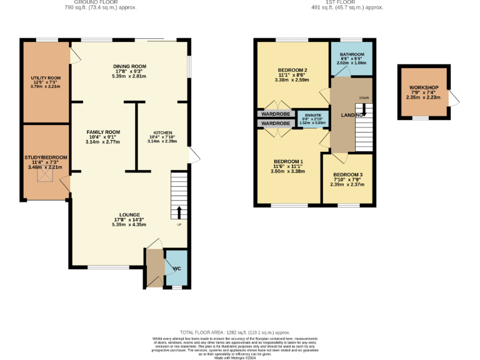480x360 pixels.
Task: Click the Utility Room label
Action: tap(46, 78)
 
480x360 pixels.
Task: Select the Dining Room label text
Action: tap(129, 66)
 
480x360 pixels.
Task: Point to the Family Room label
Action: tap(103, 132)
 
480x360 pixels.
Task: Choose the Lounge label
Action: tap(129, 214)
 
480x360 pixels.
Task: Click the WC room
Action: tap(177, 268)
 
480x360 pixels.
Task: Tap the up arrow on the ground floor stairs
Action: tap(179, 211)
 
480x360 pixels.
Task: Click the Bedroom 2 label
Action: tap(292, 70)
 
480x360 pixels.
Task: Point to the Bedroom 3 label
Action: tap(348, 175)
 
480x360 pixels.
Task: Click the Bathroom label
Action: tap(351, 55)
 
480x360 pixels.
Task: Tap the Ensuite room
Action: tap(312, 119)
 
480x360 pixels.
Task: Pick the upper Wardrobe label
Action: tap(275, 114)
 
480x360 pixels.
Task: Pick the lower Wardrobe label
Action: tap(275, 124)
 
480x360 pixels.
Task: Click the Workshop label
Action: tap(424, 87)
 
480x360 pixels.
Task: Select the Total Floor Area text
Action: tap(235, 332)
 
